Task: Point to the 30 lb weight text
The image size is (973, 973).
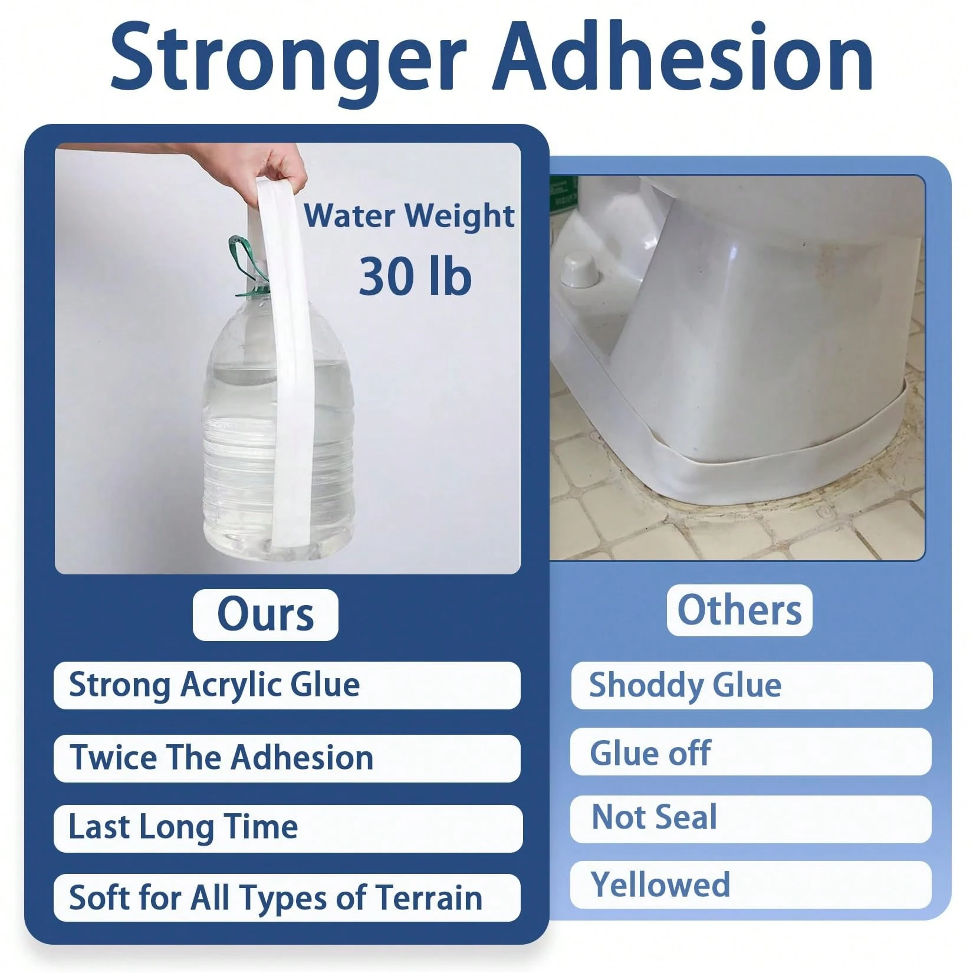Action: [415, 276]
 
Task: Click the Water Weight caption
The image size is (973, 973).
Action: [409, 216]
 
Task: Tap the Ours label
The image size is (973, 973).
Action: [265, 615]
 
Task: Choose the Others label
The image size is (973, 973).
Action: [739, 610]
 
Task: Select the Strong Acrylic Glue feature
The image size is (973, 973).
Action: [215, 685]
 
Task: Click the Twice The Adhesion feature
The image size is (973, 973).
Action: [222, 758]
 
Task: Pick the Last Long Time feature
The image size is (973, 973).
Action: [183, 827]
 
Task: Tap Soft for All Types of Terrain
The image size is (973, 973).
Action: [276, 898]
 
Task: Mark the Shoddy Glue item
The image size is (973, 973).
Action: [685, 685]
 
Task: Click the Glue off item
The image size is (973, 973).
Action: [650, 753]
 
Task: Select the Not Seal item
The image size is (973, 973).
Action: [655, 818]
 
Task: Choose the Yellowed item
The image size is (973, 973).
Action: [660, 885]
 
